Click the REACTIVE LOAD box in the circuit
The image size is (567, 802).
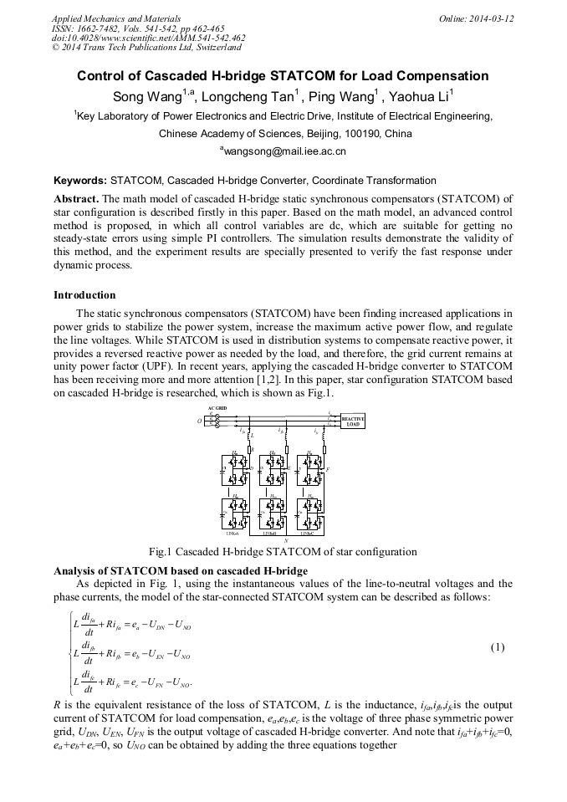[352, 421]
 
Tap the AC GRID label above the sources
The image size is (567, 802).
[217, 407]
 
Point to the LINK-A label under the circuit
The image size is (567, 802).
[232, 534]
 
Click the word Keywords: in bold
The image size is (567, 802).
[80, 181]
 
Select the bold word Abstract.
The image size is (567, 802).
[76, 199]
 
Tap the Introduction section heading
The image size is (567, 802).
[84, 295]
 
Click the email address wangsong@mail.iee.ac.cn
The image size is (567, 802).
[284, 151]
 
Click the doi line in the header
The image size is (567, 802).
[148, 38]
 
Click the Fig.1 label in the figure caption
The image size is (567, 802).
[161, 552]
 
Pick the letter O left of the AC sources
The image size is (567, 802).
[198, 421]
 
